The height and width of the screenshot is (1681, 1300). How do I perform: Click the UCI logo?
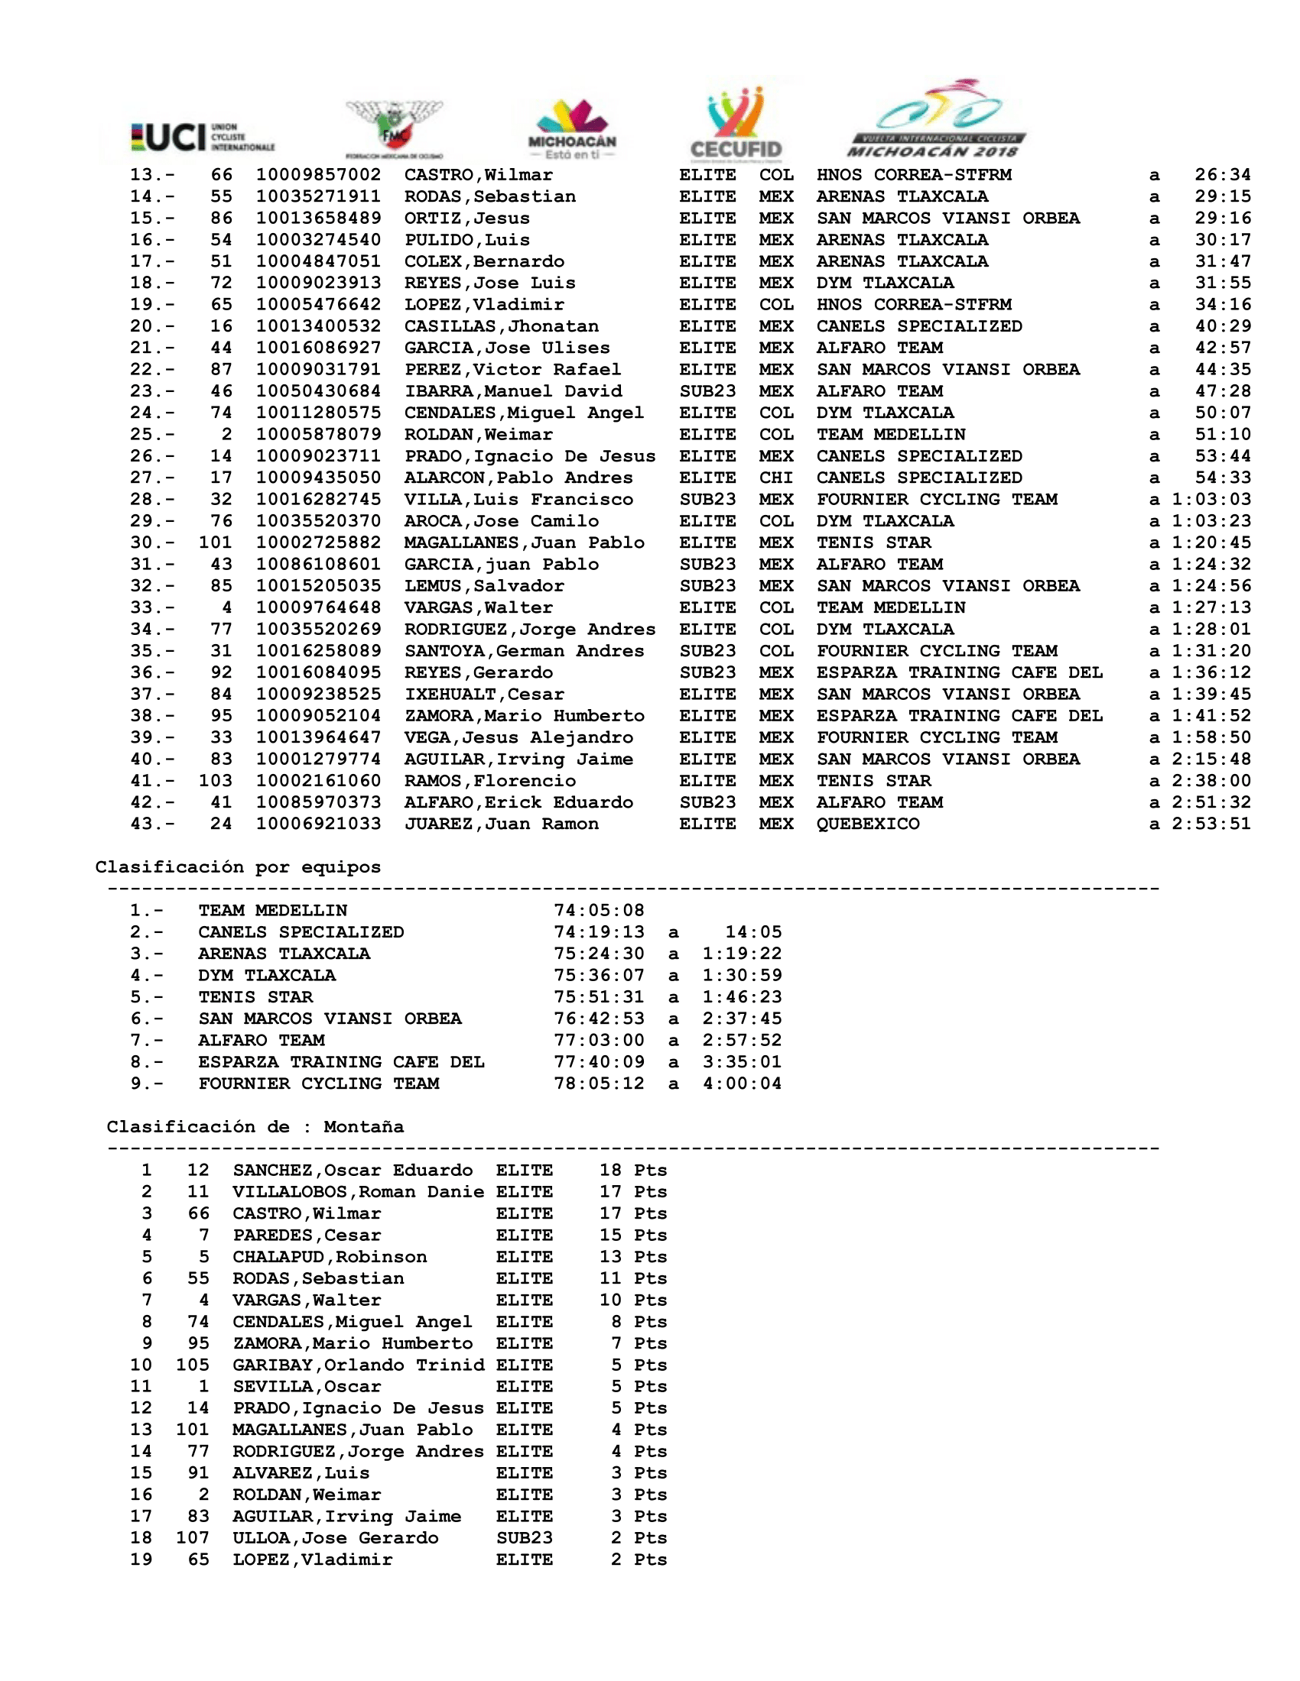click(203, 137)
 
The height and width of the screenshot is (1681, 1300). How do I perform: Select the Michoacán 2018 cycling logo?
click(938, 119)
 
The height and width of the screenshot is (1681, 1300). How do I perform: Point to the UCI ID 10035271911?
click(318, 197)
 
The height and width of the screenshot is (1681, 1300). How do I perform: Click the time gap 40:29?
click(1222, 326)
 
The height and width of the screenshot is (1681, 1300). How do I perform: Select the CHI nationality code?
click(775, 478)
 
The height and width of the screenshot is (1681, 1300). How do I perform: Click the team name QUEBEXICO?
click(868, 824)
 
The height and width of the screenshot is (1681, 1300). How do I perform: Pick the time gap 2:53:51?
click(1211, 824)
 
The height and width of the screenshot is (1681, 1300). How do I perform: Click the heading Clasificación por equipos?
click(238, 867)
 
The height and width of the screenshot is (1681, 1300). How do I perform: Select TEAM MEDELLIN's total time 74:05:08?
click(599, 911)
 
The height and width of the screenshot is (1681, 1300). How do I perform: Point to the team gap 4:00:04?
click(742, 1083)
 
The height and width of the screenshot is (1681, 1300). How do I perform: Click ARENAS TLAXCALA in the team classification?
click(284, 954)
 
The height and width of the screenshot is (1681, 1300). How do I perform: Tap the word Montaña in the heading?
click(362, 1127)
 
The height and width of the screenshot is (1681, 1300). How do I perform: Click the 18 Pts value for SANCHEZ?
click(632, 1171)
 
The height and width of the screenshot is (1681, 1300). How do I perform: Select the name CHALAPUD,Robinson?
click(330, 1257)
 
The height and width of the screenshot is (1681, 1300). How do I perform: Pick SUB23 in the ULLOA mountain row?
click(524, 1538)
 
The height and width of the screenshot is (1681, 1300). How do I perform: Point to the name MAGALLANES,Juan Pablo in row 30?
click(524, 543)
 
